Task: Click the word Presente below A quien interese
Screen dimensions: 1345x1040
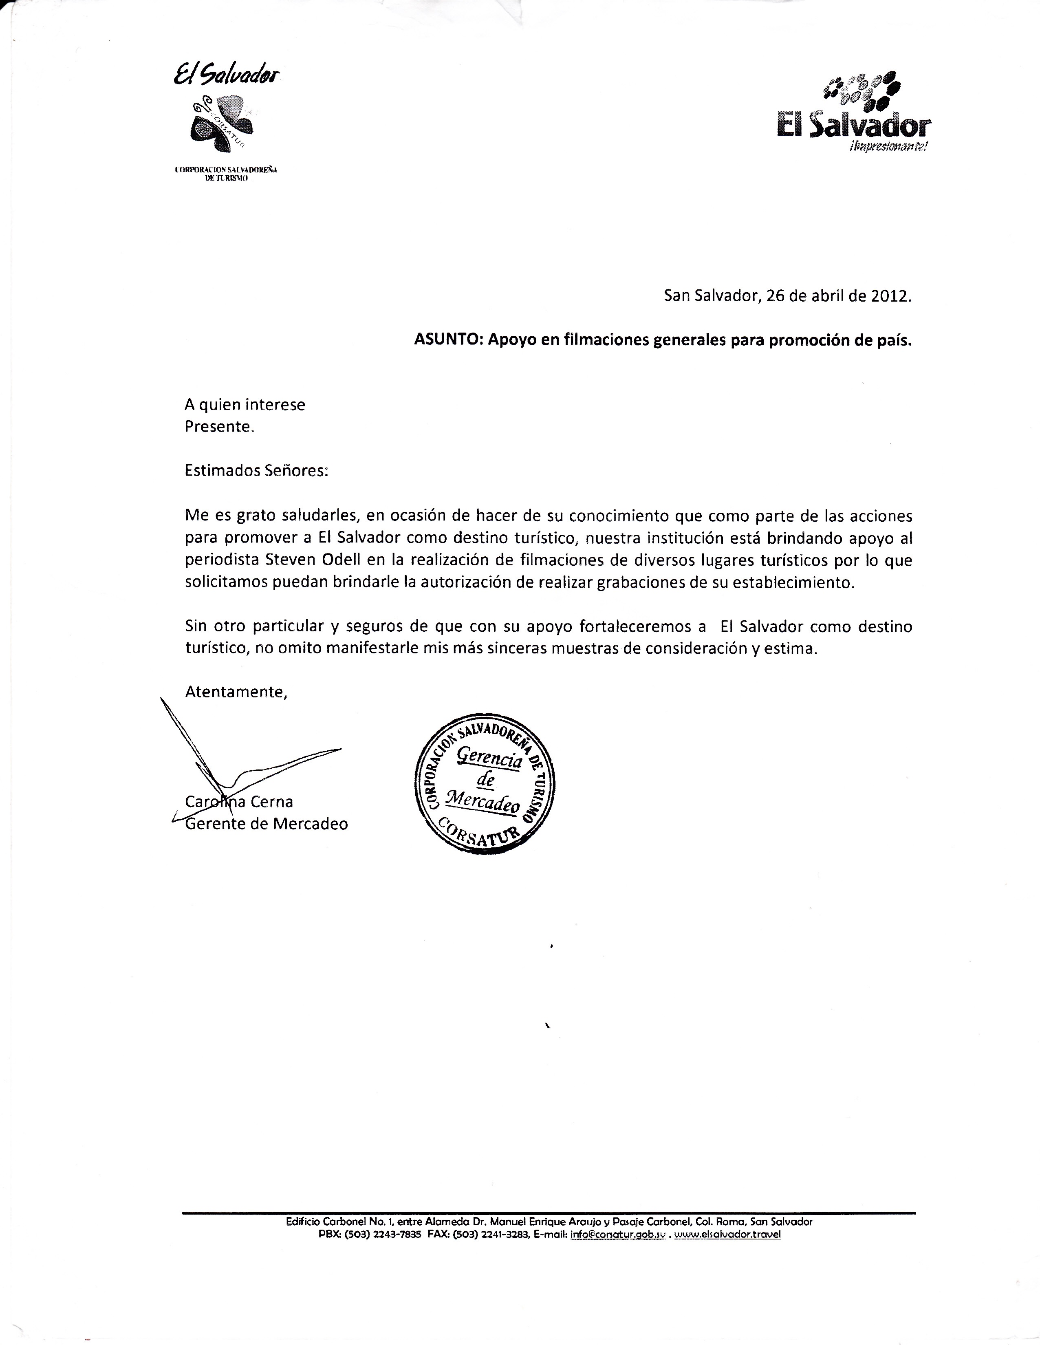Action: pyautogui.click(x=218, y=427)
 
